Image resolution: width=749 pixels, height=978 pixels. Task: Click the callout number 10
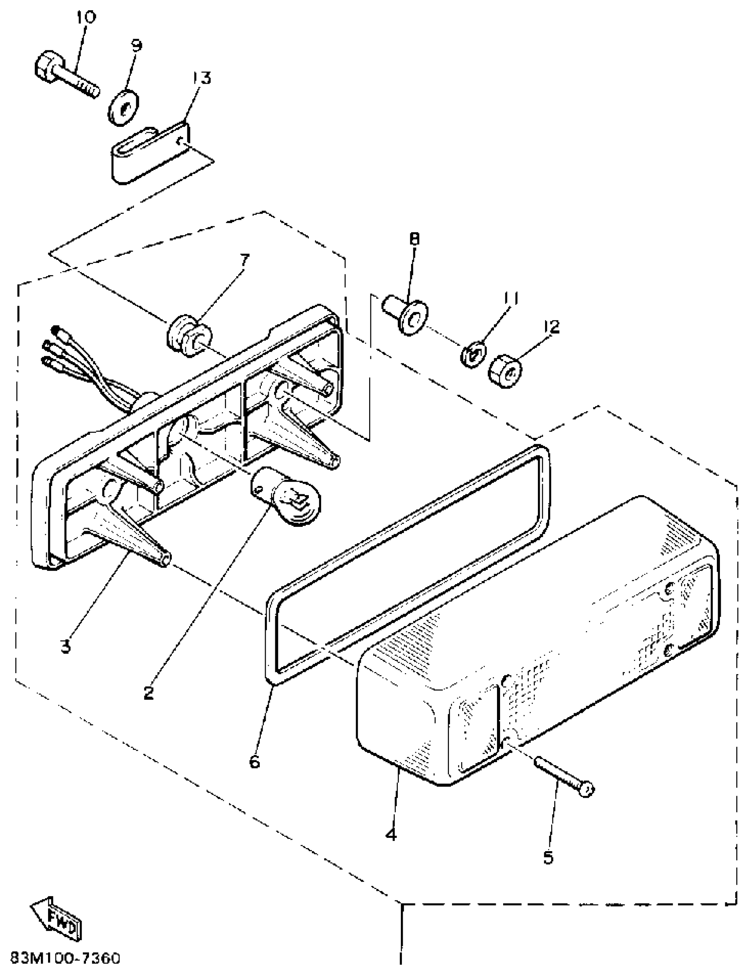(x=85, y=18)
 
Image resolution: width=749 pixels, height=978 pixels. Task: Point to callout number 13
(x=201, y=78)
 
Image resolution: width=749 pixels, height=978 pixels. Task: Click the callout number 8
(x=414, y=239)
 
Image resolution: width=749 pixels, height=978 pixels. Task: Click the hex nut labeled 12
(x=506, y=372)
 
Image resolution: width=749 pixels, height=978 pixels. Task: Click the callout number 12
(x=552, y=327)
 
